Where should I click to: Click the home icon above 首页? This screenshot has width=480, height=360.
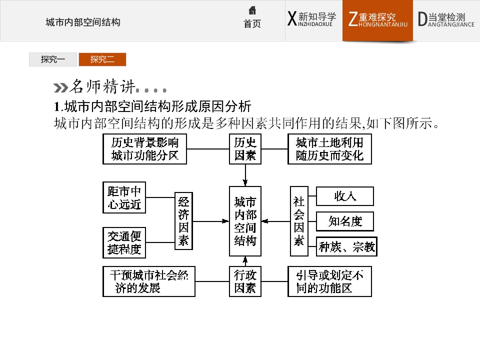click(252, 10)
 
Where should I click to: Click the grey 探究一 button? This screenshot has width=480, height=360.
click(53, 59)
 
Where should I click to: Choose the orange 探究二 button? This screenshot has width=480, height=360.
click(102, 59)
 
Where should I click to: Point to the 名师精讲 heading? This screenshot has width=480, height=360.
click(102, 86)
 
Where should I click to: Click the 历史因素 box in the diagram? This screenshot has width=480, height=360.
click(245, 149)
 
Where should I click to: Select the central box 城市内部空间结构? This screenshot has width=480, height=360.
click(245, 221)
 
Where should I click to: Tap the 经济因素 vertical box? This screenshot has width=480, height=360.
click(183, 221)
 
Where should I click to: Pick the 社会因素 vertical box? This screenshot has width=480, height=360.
click(299, 221)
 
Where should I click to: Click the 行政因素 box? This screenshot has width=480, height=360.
click(245, 281)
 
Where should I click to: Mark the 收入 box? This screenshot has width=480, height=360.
click(345, 196)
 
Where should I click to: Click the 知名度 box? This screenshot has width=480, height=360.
click(345, 221)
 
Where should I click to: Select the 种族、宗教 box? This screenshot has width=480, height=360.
click(346, 246)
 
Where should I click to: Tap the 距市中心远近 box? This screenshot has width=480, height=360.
click(124, 197)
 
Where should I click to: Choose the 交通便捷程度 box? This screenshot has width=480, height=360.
click(124, 243)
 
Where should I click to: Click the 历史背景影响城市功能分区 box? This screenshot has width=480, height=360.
click(145, 149)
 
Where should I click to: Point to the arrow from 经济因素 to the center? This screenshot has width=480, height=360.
click(211, 221)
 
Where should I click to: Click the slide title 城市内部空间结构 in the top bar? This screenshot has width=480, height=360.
click(83, 22)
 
